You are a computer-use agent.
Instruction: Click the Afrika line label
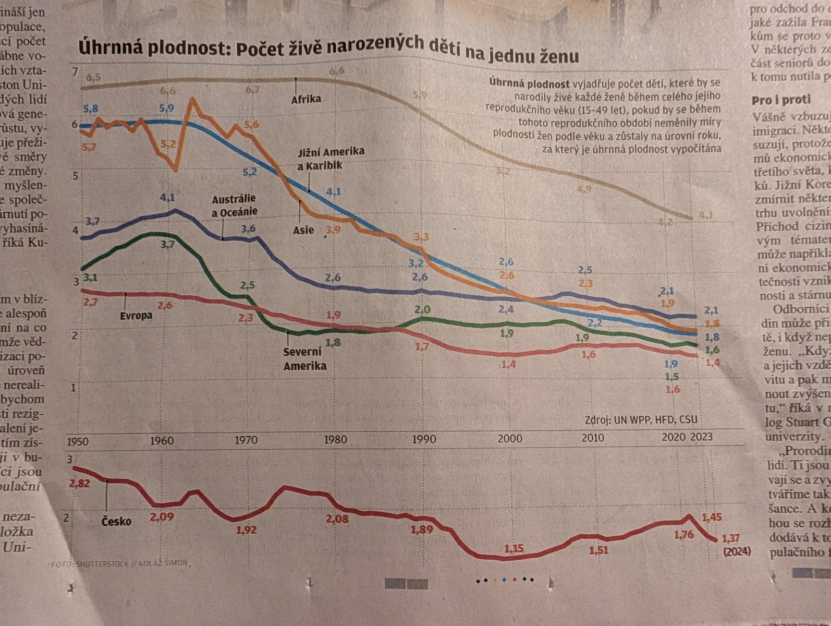click(x=306, y=99)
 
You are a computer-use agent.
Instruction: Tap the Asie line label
click(x=303, y=230)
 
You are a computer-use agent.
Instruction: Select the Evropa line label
click(x=136, y=315)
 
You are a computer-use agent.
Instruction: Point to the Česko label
click(x=116, y=521)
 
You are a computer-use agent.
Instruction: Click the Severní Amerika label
click(x=304, y=358)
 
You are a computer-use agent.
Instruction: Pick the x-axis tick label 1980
click(x=335, y=440)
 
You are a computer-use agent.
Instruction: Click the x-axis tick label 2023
click(x=701, y=437)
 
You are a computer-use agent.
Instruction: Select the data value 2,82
click(x=79, y=483)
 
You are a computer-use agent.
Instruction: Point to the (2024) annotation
click(x=737, y=551)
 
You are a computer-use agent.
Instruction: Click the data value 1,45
click(x=712, y=517)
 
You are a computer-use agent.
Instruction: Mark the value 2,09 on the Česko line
click(x=162, y=516)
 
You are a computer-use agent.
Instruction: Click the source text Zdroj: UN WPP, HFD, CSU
click(x=641, y=419)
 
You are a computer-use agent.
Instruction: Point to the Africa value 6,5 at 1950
click(x=94, y=77)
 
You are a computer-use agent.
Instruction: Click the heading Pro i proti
click(x=781, y=100)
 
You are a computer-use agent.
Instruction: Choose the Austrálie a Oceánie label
click(x=234, y=205)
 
